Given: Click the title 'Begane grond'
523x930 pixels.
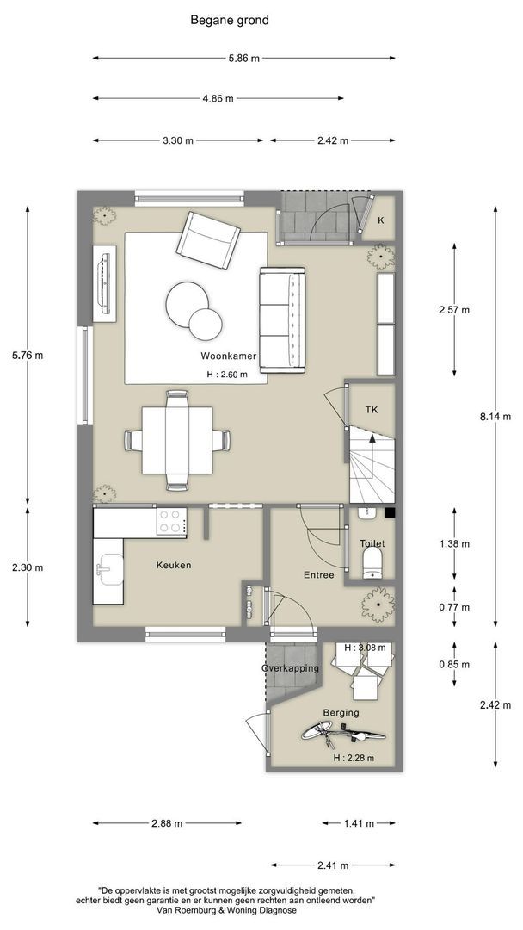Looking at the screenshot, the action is [x=229, y=20].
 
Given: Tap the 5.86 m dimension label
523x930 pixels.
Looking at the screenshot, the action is [x=244, y=59].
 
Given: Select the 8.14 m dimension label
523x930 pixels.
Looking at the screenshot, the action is [x=495, y=417].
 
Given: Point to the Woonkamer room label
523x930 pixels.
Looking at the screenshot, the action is [x=228, y=356].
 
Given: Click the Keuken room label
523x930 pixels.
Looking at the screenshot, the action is [x=174, y=565].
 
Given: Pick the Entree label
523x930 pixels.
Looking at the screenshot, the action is [x=318, y=574].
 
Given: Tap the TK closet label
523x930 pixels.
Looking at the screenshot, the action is [x=372, y=410].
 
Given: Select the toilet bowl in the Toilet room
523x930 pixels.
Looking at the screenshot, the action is [x=372, y=562].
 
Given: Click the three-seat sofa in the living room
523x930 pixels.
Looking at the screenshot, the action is [x=282, y=320].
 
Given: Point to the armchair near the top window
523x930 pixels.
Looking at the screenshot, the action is [x=208, y=240].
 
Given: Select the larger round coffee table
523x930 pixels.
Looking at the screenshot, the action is [x=188, y=304].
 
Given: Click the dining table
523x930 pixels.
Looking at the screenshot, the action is [x=177, y=440].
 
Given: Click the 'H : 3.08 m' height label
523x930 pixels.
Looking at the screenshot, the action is [x=364, y=648].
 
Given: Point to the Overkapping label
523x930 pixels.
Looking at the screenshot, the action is [x=290, y=668].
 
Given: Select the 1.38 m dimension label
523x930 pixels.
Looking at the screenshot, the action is [x=453, y=543].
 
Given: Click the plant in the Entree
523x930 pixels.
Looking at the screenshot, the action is [x=378, y=604].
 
